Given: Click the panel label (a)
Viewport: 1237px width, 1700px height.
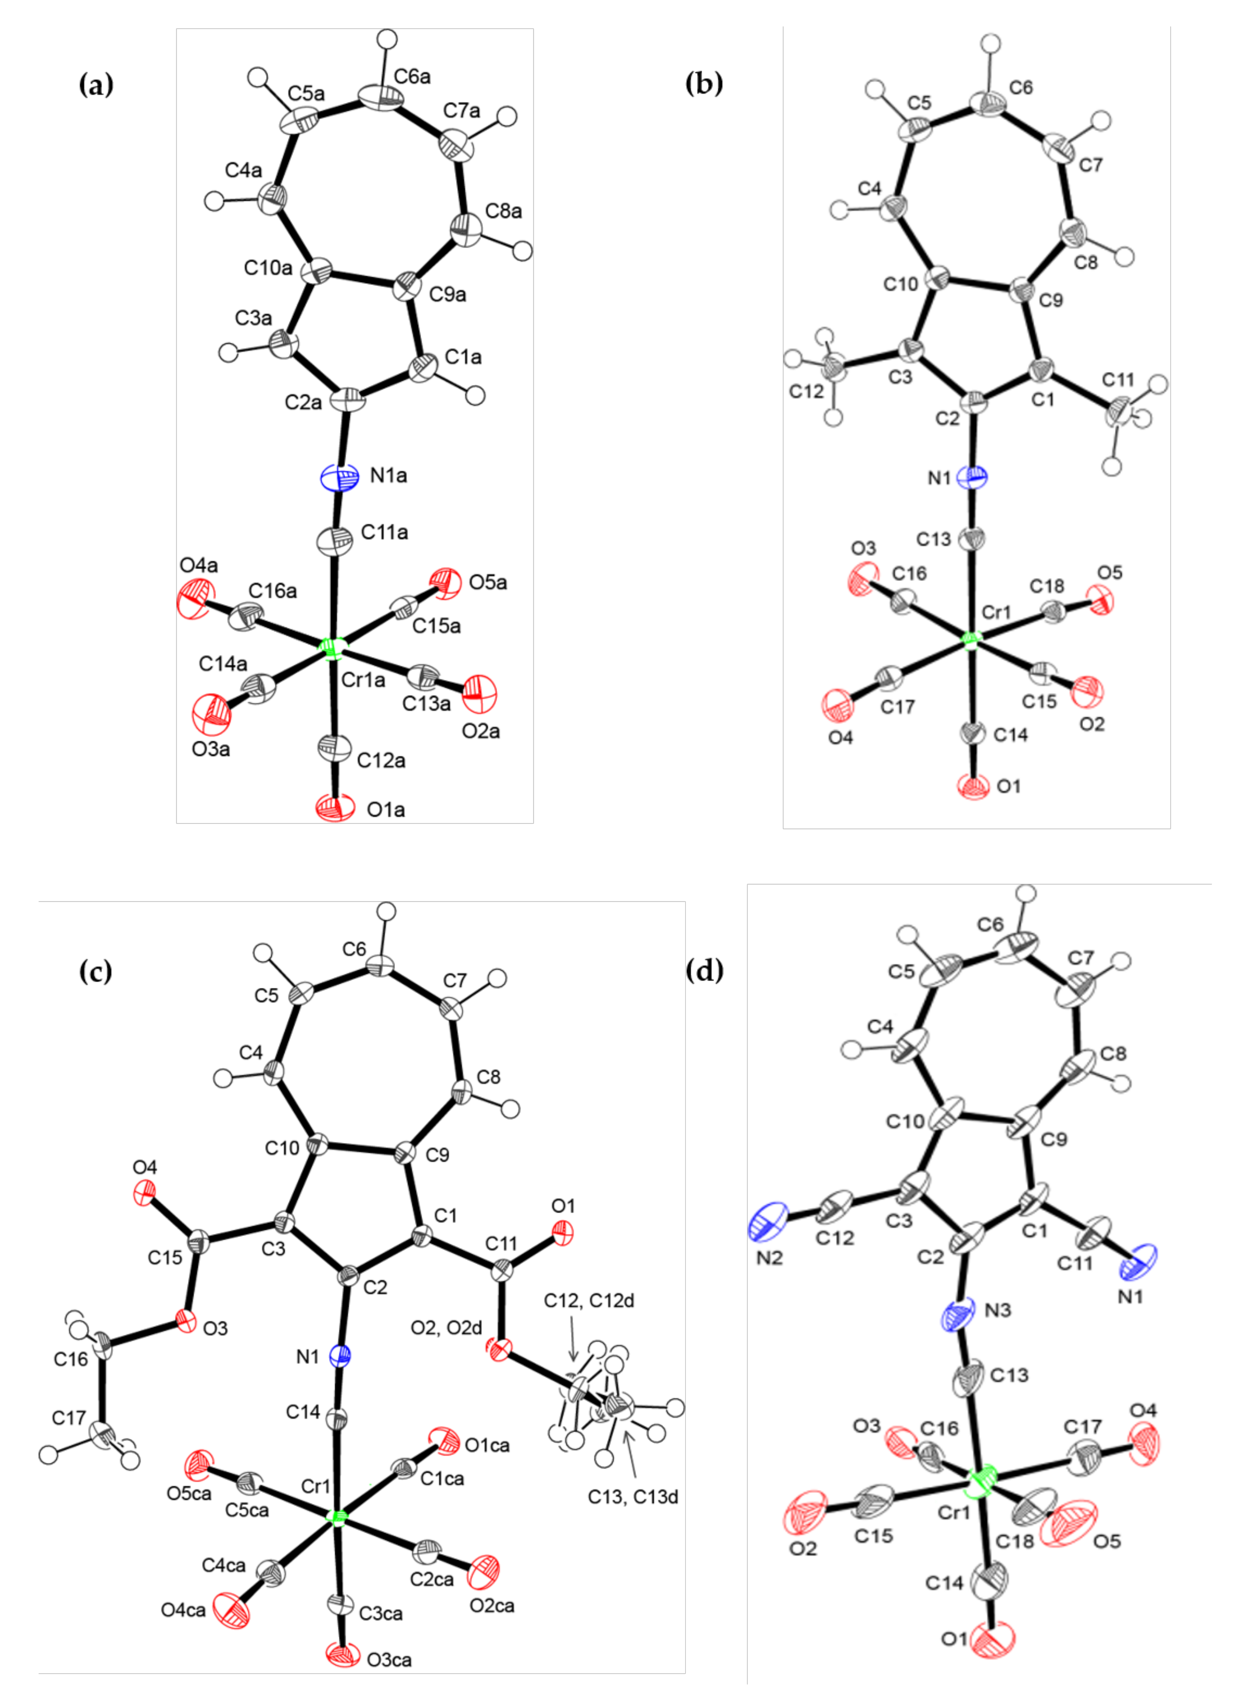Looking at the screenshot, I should click(x=96, y=85).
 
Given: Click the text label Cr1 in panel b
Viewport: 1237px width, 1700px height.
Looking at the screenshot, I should click(x=997, y=613).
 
